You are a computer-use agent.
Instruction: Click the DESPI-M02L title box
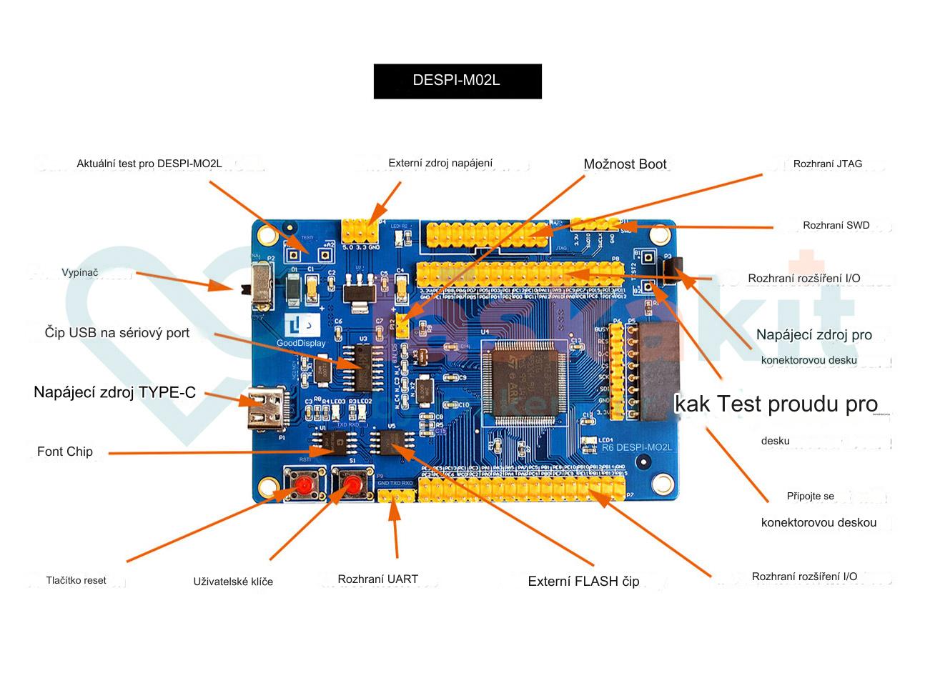click(457, 81)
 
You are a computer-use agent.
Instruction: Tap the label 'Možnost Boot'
click(625, 164)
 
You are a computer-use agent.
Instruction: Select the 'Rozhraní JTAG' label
click(827, 164)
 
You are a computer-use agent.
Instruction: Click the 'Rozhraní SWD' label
click(836, 226)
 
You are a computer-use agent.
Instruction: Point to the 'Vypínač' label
click(80, 273)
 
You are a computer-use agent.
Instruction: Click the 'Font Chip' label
click(65, 452)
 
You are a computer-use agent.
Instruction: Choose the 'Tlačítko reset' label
click(76, 581)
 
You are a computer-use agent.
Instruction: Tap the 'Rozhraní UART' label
click(377, 579)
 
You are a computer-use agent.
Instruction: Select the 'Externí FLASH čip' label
click(583, 582)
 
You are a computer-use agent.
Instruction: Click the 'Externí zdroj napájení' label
click(440, 164)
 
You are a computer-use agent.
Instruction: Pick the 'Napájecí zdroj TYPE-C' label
click(114, 392)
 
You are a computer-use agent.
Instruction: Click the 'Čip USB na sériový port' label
click(117, 333)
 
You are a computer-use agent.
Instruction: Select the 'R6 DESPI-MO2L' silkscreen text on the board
click(636, 448)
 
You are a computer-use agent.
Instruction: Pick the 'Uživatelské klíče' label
click(233, 582)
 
